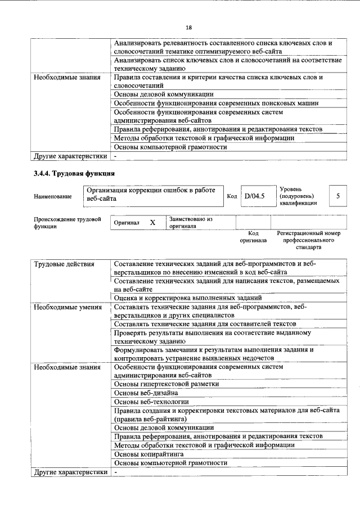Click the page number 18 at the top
click(x=188, y=28)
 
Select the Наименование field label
click(x=53, y=196)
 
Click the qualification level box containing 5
click(x=337, y=196)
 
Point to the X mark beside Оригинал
click(x=152, y=222)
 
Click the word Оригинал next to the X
click(x=127, y=223)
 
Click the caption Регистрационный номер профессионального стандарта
click(x=309, y=240)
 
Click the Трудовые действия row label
click(x=64, y=264)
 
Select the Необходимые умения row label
click(x=67, y=307)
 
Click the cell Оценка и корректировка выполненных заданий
click(x=187, y=297)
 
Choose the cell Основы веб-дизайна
click(x=146, y=392)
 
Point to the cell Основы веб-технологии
click(x=151, y=402)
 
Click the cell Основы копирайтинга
click(x=148, y=453)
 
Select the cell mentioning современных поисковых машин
click(x=216, y=103)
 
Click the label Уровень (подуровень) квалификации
click(x=297, y=196)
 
